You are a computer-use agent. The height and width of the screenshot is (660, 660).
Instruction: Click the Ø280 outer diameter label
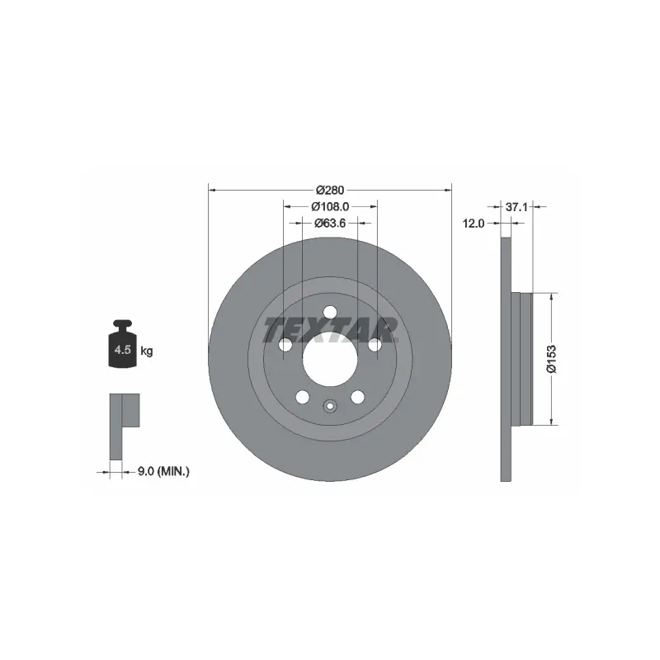330,191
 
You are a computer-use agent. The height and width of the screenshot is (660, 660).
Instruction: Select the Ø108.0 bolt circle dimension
330,207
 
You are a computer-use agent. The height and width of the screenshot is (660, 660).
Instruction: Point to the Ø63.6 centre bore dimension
330,223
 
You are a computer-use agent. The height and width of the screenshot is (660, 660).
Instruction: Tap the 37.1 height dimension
516,207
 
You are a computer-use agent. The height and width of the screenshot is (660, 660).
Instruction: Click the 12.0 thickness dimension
474,224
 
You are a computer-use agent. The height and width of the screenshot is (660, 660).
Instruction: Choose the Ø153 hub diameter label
551,359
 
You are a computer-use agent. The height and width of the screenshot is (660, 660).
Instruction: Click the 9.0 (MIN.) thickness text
163,472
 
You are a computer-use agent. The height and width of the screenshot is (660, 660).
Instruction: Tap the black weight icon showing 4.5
122,344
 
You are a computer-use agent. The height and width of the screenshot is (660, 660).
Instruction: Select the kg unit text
147,351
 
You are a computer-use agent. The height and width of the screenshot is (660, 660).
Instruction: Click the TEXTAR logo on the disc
331,329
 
